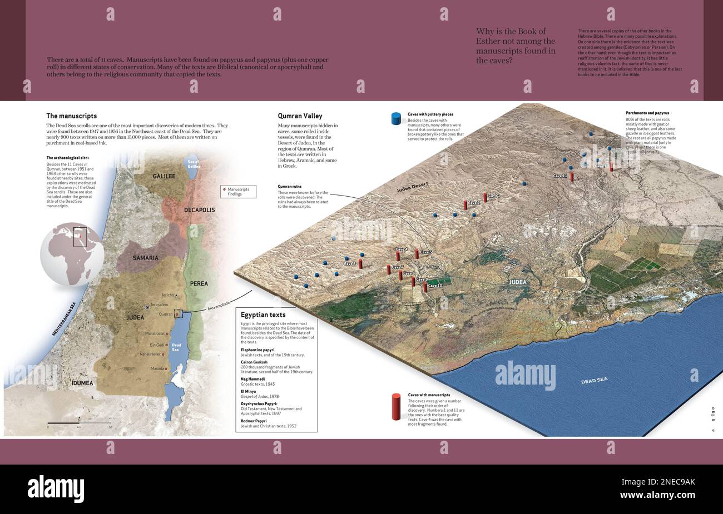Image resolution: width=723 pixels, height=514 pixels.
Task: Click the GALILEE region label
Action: click(x=164, y=176)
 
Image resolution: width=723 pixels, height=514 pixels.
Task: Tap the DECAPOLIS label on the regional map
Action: click(x=199, y=210)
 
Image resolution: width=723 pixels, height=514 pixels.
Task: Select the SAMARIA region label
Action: click(x=145, y=258)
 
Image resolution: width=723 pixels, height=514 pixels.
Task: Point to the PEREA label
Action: click(x=199, y=283)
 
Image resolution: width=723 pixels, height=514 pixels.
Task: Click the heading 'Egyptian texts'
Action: click(x=263, y=315)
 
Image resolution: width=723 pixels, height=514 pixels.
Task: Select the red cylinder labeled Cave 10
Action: click(x=425, y=287)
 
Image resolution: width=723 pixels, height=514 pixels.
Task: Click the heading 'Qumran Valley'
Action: click(x=300, y=116)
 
